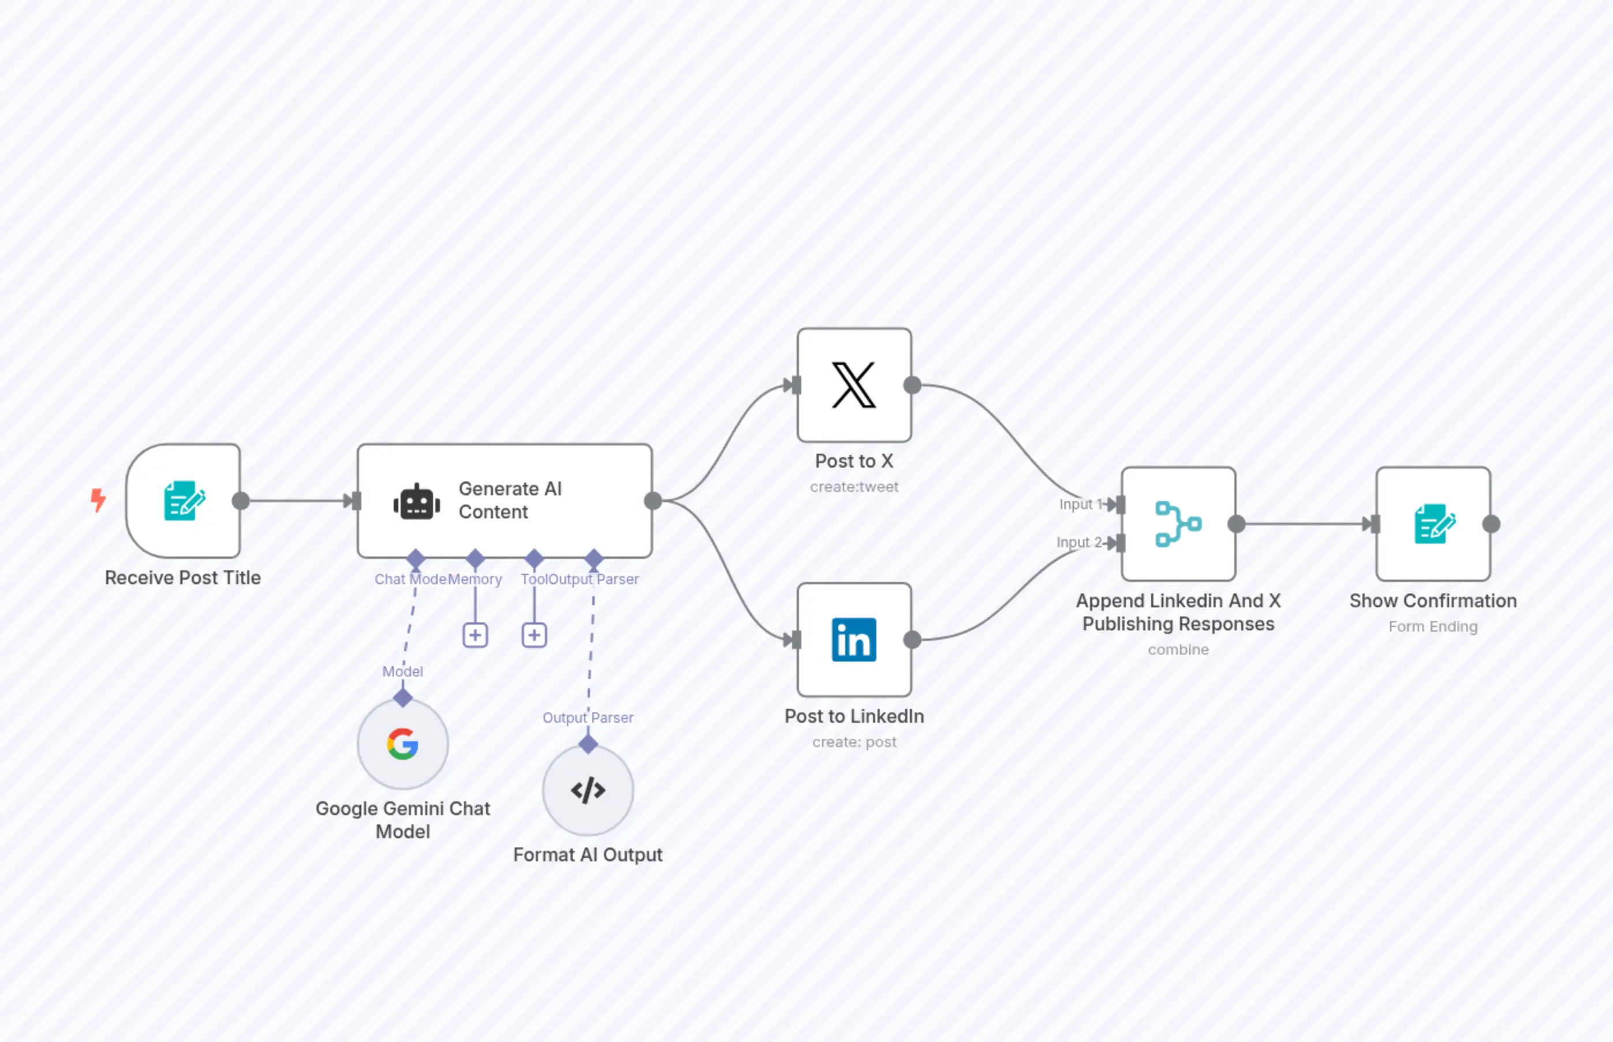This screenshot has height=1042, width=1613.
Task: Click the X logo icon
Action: point(854,385)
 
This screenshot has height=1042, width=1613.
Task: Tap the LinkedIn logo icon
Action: point(854,640)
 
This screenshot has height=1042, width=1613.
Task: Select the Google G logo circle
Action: point(402,744)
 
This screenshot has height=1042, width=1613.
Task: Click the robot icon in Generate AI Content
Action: point(417,502)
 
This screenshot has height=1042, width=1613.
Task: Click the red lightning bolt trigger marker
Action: point(99,500)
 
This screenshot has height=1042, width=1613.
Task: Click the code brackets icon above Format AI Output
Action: point(588,790)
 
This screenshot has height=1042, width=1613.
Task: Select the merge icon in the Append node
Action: point(1178,524)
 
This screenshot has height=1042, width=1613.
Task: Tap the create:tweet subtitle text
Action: point(854,487)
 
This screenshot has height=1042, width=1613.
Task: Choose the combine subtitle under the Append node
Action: point(1178,649)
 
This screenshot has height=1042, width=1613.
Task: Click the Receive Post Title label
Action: point(182,578)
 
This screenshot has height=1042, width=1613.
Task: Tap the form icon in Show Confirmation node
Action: point(1433,524)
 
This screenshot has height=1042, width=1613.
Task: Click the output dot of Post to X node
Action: point(912,385)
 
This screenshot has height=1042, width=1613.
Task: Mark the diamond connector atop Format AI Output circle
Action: point(588,744)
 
